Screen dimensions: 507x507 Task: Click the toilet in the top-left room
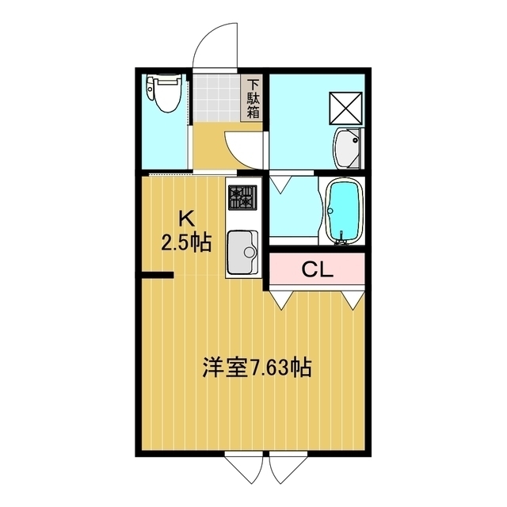tap(164, 93)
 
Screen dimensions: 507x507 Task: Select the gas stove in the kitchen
tap(242, 197)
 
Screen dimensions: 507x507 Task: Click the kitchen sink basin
tap(242, 252)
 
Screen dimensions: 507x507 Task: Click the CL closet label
tap(317, 269)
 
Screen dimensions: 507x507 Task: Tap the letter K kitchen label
tap(187, 219)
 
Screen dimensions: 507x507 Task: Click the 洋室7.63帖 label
tap(257, 368)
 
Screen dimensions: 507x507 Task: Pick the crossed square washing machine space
tap(345, 108)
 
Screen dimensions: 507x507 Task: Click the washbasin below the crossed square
tap(347, 148)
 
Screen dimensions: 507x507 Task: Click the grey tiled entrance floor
tap(217, 97)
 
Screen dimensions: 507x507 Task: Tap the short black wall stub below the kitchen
tap(158, 275)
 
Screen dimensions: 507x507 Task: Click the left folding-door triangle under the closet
tap(282, 300)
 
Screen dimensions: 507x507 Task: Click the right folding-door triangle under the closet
tap(353, 300)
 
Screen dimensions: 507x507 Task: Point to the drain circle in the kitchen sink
tap(250, 252)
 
